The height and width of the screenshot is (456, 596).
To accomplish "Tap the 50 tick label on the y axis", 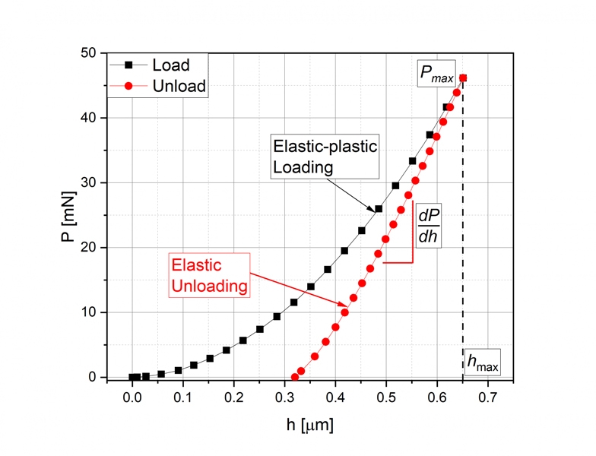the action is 88,53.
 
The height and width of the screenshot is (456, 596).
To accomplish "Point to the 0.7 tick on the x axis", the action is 488,380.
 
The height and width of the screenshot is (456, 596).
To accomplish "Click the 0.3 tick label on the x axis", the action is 284,397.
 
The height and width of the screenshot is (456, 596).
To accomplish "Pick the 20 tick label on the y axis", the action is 88,248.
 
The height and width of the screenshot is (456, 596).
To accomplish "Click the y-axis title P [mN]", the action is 68,217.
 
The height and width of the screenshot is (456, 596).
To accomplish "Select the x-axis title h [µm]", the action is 310,425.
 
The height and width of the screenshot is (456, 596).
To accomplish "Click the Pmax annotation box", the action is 436,73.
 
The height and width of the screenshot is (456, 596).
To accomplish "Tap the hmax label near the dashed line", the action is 482,362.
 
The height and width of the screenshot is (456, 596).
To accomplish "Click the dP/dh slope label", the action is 429,226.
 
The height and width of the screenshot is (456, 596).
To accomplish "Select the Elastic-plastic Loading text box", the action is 325,157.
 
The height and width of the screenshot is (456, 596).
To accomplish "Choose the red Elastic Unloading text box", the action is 210,275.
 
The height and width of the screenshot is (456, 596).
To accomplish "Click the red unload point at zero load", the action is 295,377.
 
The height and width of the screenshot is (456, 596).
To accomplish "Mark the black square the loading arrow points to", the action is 379,208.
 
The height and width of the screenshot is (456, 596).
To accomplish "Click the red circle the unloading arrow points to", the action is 345,312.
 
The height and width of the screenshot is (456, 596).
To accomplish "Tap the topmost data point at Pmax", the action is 463,78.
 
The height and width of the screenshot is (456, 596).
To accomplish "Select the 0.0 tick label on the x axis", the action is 132,397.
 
